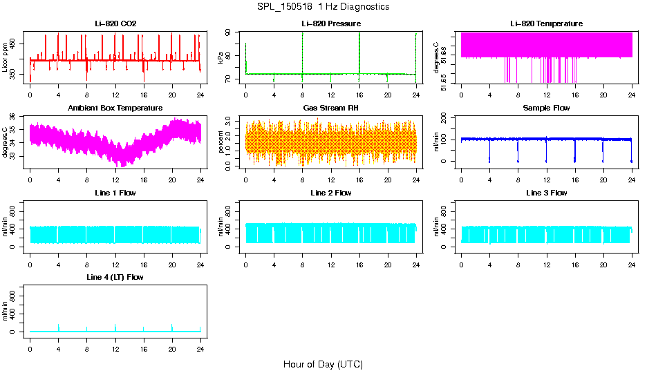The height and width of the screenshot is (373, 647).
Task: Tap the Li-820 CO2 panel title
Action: pyautogui.click(x=115, y=23)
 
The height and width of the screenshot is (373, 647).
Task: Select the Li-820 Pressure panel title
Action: pyautogui.click(x=330, y=23)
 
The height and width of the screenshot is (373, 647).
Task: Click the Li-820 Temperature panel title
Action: pyautogui.click(x=546, y=23)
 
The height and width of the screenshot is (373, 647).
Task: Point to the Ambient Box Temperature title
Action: pyautogui.click(x=115, y=108)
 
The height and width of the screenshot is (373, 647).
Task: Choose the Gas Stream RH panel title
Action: pyautogui.click(x=330, y=108)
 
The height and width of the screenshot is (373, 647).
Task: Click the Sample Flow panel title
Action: pyautogui.click(x=546, y=108)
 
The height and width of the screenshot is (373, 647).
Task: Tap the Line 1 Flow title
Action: pyautogui.click(x=115, y=193)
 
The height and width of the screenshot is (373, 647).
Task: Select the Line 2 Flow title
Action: pyautogui.click(x=330, y=193)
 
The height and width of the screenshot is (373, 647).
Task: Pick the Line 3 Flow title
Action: pyautogui.click(x=546, y=193)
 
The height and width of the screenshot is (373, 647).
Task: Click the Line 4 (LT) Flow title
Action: pyautogui.click(x=115, y=277)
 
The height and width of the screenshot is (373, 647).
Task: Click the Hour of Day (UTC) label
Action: pyautogui.click(x=323, y=364)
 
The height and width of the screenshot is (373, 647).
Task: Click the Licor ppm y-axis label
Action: pyautogui.click(x=6, y=56)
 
